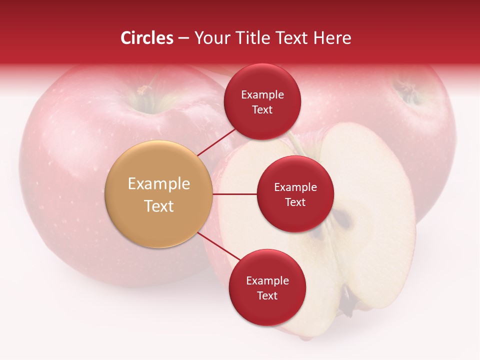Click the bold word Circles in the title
click(x=146, y=38)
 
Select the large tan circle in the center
click(x=159, y=194)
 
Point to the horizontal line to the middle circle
click(x=235, y=194)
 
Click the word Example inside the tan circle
click(x=159, y=184)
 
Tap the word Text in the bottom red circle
click(x=267, y=295)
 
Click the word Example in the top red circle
click(x=262, y=95)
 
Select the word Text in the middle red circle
click(x=295, y=202)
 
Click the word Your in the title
click(x=211, y=38)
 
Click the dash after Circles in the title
click(x=183, y=38)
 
